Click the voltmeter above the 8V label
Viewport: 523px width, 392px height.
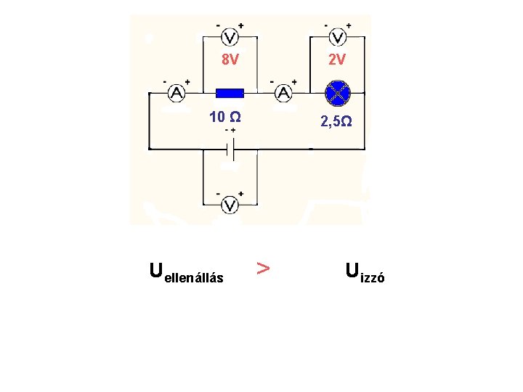[230, 38]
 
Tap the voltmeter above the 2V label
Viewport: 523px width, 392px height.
[338, 38]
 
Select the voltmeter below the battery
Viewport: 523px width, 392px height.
[230, 205]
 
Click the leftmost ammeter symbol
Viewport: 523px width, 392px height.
[177, 93]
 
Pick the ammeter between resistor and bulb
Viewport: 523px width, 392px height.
[284, 93]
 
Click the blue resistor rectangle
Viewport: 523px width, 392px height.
[230, 93]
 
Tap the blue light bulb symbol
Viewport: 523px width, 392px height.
[338, 92]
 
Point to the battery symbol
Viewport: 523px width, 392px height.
[230, 151]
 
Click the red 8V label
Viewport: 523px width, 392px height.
[230, 60]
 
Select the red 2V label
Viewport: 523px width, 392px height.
[337, 60]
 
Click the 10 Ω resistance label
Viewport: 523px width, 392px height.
[225, 117]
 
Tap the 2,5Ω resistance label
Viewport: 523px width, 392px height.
[337, 121]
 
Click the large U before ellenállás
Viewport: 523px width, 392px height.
[155, 270]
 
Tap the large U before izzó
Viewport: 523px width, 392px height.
[352, 270]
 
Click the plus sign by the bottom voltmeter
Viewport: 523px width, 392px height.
[240, 194]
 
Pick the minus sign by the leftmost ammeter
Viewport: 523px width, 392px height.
[165, 82]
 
